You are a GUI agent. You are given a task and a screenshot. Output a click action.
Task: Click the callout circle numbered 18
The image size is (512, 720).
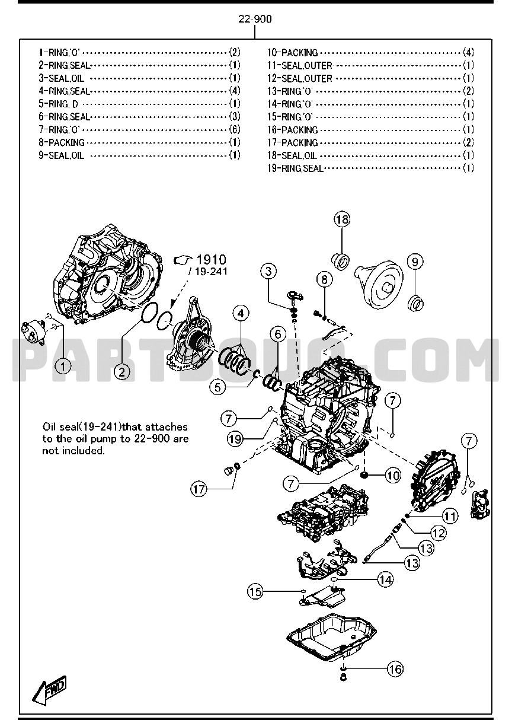click(x=341, y=220)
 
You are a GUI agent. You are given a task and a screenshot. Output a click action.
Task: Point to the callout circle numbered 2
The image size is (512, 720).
click(x=121, y=372)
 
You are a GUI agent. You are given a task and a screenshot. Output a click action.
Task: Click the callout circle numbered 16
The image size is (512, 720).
click(x=395, y=669)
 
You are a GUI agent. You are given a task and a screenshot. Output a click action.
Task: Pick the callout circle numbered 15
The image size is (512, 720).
click(x=255, y=591)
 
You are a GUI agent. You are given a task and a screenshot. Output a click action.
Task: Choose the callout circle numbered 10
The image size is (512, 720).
click(x=392, y=475)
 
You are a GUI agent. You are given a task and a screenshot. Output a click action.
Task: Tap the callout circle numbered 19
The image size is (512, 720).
click(x=235, y=438)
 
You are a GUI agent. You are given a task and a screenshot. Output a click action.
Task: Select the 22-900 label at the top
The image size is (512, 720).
click(x=255, y=19)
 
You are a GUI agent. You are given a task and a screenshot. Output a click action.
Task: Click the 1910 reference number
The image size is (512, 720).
click(x=211, y=259)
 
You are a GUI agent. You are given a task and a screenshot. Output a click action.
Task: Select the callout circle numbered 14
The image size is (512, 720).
click(x=386, y=579)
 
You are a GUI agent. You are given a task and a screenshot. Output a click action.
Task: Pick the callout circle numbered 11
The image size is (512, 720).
click(x=452, y=517)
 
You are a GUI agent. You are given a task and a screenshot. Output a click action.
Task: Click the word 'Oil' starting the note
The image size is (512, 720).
click(x=49, y=427)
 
